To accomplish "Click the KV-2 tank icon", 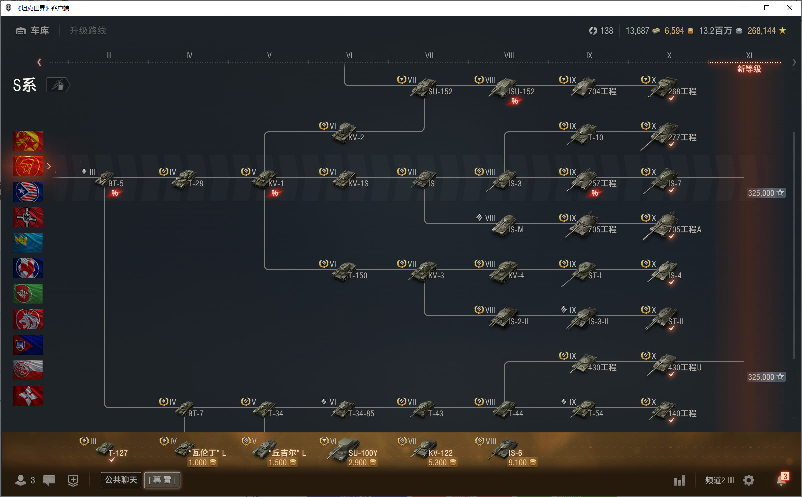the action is (x=344, y=133).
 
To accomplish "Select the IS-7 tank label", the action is (x=675, y=183).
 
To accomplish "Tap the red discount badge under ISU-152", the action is (x=514, y=101).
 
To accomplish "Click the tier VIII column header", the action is (x=509, y=55).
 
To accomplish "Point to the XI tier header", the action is (x=749, y=55).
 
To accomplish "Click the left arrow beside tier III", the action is (x=39, y=62).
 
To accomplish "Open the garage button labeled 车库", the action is (x=32, y=31).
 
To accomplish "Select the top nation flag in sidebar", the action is (x=28, y=140).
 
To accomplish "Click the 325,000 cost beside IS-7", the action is (x=766, y=193).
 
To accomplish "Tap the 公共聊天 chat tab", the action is (x=121, y=480).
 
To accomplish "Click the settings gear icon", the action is (x=748, y=480).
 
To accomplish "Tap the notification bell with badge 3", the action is (x=781, y=480).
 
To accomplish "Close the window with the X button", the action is (x=790, y=8).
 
